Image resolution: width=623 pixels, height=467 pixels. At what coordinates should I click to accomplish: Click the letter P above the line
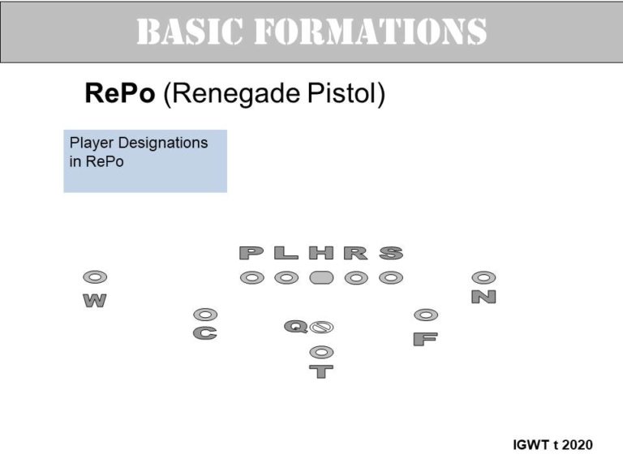tap(251, 253)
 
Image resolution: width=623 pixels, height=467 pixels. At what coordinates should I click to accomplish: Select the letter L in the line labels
tap(286, 253)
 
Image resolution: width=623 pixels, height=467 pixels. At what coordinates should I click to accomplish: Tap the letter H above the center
tap(321, 253)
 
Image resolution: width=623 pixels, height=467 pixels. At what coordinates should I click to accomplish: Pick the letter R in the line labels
tap(356, 253)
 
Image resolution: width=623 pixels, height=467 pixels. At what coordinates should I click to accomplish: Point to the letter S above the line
tap(391, 253)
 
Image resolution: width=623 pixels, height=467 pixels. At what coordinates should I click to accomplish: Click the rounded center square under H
tap(321, 277)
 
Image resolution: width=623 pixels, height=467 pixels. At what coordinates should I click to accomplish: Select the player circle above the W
tap(95, 276)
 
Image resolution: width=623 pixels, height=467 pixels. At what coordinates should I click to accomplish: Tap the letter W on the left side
tap(95, 301)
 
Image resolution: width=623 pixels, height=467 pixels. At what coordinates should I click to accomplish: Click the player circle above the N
tap(483, 277)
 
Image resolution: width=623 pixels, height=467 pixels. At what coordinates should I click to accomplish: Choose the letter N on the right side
tap(483, 297)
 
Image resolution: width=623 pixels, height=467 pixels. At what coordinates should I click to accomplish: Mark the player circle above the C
tap(205, 315)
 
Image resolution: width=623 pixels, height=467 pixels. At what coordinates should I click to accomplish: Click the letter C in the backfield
tap(205, 332)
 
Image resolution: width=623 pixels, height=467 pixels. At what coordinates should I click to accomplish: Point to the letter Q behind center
tap(295, 327)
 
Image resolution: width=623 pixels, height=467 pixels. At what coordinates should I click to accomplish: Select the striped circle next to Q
tap(321, 328)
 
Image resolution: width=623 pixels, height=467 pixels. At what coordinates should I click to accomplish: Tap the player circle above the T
tap(321, 352)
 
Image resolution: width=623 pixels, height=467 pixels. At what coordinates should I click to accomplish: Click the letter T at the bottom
tap(321, 371)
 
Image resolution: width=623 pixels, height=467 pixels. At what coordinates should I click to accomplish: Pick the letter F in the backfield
tap(426, 339)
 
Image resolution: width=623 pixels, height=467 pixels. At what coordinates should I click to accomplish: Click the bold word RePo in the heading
tap(119, 93)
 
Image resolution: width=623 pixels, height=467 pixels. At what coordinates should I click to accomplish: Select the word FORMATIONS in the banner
tap(370, 31)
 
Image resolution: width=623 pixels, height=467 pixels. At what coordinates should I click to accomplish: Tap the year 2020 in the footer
tap(578, 444)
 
